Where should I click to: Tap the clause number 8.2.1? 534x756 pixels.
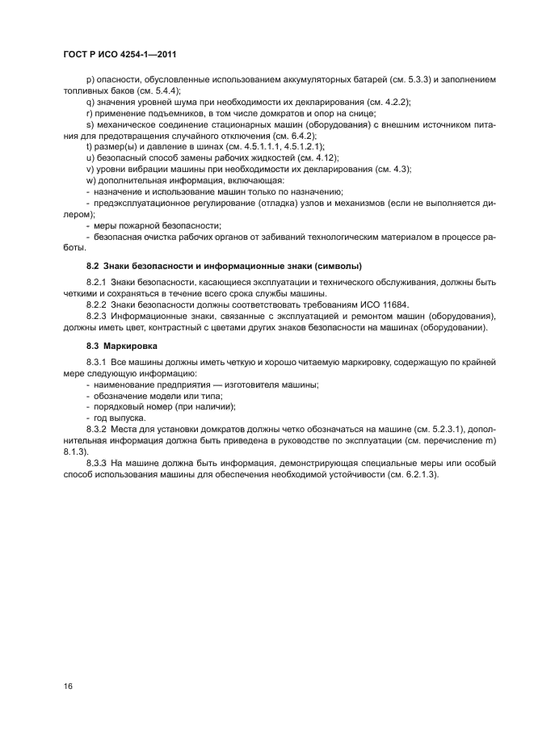pos(97,282)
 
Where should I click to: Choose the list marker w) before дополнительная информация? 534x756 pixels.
pos(90,181)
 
